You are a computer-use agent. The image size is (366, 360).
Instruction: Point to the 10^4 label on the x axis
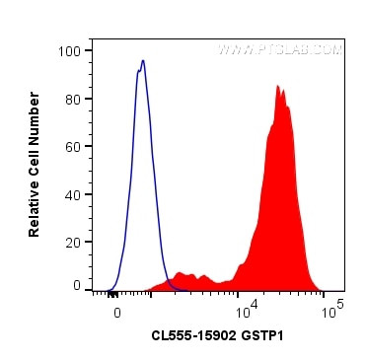(x=245, y=310)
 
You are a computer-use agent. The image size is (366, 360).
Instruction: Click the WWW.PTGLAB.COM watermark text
(x=280, y=49)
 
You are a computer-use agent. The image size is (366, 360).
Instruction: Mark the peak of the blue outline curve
(x=143, y=61)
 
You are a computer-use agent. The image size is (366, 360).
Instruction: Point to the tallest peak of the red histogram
(x=278, y=86)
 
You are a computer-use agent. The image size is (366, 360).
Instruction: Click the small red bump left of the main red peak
(x=180, y=273)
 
